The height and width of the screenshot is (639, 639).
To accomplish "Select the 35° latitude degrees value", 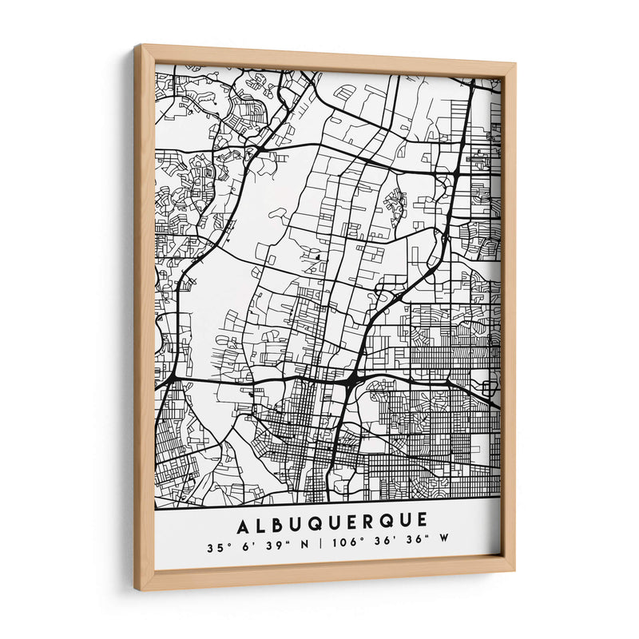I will pos(214,548).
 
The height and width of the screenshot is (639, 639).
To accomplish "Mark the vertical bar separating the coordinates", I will pos(320,548).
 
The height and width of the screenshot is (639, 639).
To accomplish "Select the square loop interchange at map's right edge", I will pos(488,389).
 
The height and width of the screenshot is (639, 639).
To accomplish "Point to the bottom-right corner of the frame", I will pos(514,570).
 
